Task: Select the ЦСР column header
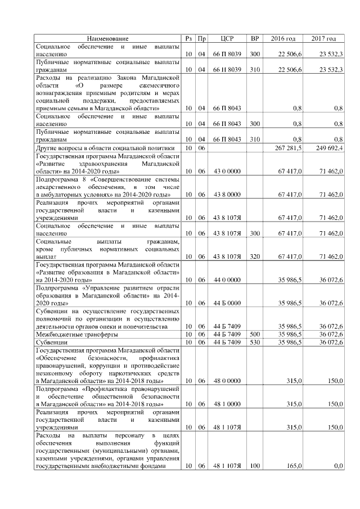(227, 38)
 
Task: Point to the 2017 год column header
(323, 38)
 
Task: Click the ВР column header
(255, 38)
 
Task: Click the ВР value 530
(255, 342)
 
